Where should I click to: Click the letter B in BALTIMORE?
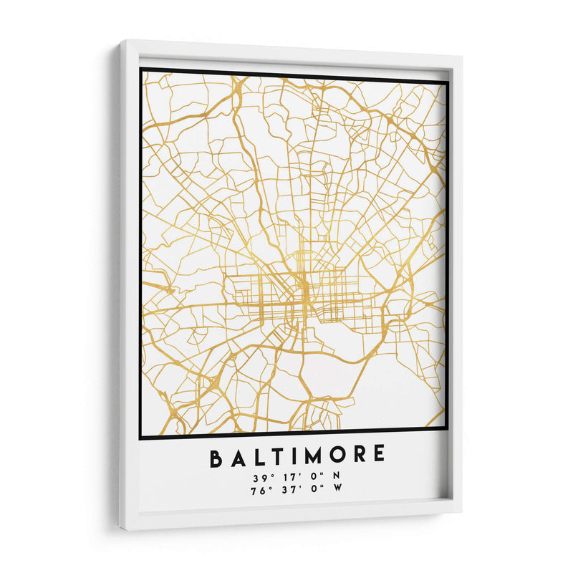click(215, 458)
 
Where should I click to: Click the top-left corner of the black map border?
click(141, 69)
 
